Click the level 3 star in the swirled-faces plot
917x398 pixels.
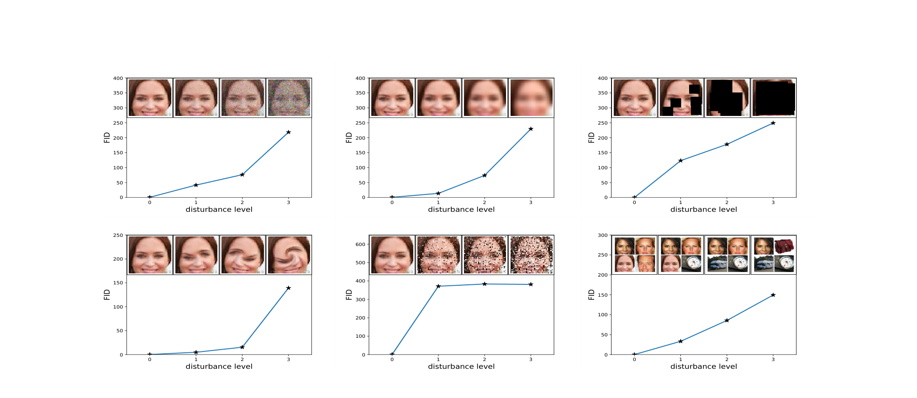tap(288, 288)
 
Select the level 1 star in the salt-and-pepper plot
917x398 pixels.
tap(438, 286)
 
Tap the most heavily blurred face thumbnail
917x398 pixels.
tap(531, 98)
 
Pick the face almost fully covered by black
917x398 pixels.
tap(774, 98)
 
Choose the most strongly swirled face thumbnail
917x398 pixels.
tap(289, 255)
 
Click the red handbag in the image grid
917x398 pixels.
tap(784, 246)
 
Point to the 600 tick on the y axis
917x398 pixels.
tap(361, 244)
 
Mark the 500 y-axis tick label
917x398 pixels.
tap(361, 262)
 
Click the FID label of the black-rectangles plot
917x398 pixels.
tap(591, 137)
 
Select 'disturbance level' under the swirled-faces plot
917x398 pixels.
tap(219, 367)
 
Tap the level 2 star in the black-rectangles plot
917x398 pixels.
tap(727, 144)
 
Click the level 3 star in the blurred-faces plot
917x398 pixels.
tap(531, 129)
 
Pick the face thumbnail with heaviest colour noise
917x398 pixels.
tap(289, 98)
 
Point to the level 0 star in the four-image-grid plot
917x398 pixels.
tap(634, 354)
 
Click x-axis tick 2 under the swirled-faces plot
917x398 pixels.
tap(242, 360)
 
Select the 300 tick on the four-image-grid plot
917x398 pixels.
tap(603, 236)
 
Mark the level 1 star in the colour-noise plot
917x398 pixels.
tap(196, 185)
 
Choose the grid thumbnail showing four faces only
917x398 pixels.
tap(635, 255)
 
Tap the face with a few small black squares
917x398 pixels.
tap(681, 98)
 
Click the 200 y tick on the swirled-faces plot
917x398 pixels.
tap(118, 259)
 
